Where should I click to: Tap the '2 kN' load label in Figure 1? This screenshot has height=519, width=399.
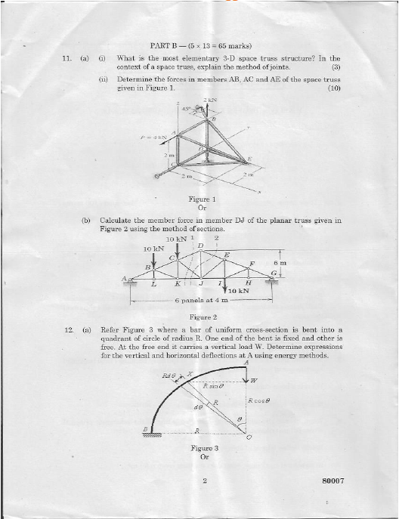click(210, 100)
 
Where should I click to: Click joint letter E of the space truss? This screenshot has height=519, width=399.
click(250, 159)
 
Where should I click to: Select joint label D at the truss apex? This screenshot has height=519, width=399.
click(200, 246)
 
